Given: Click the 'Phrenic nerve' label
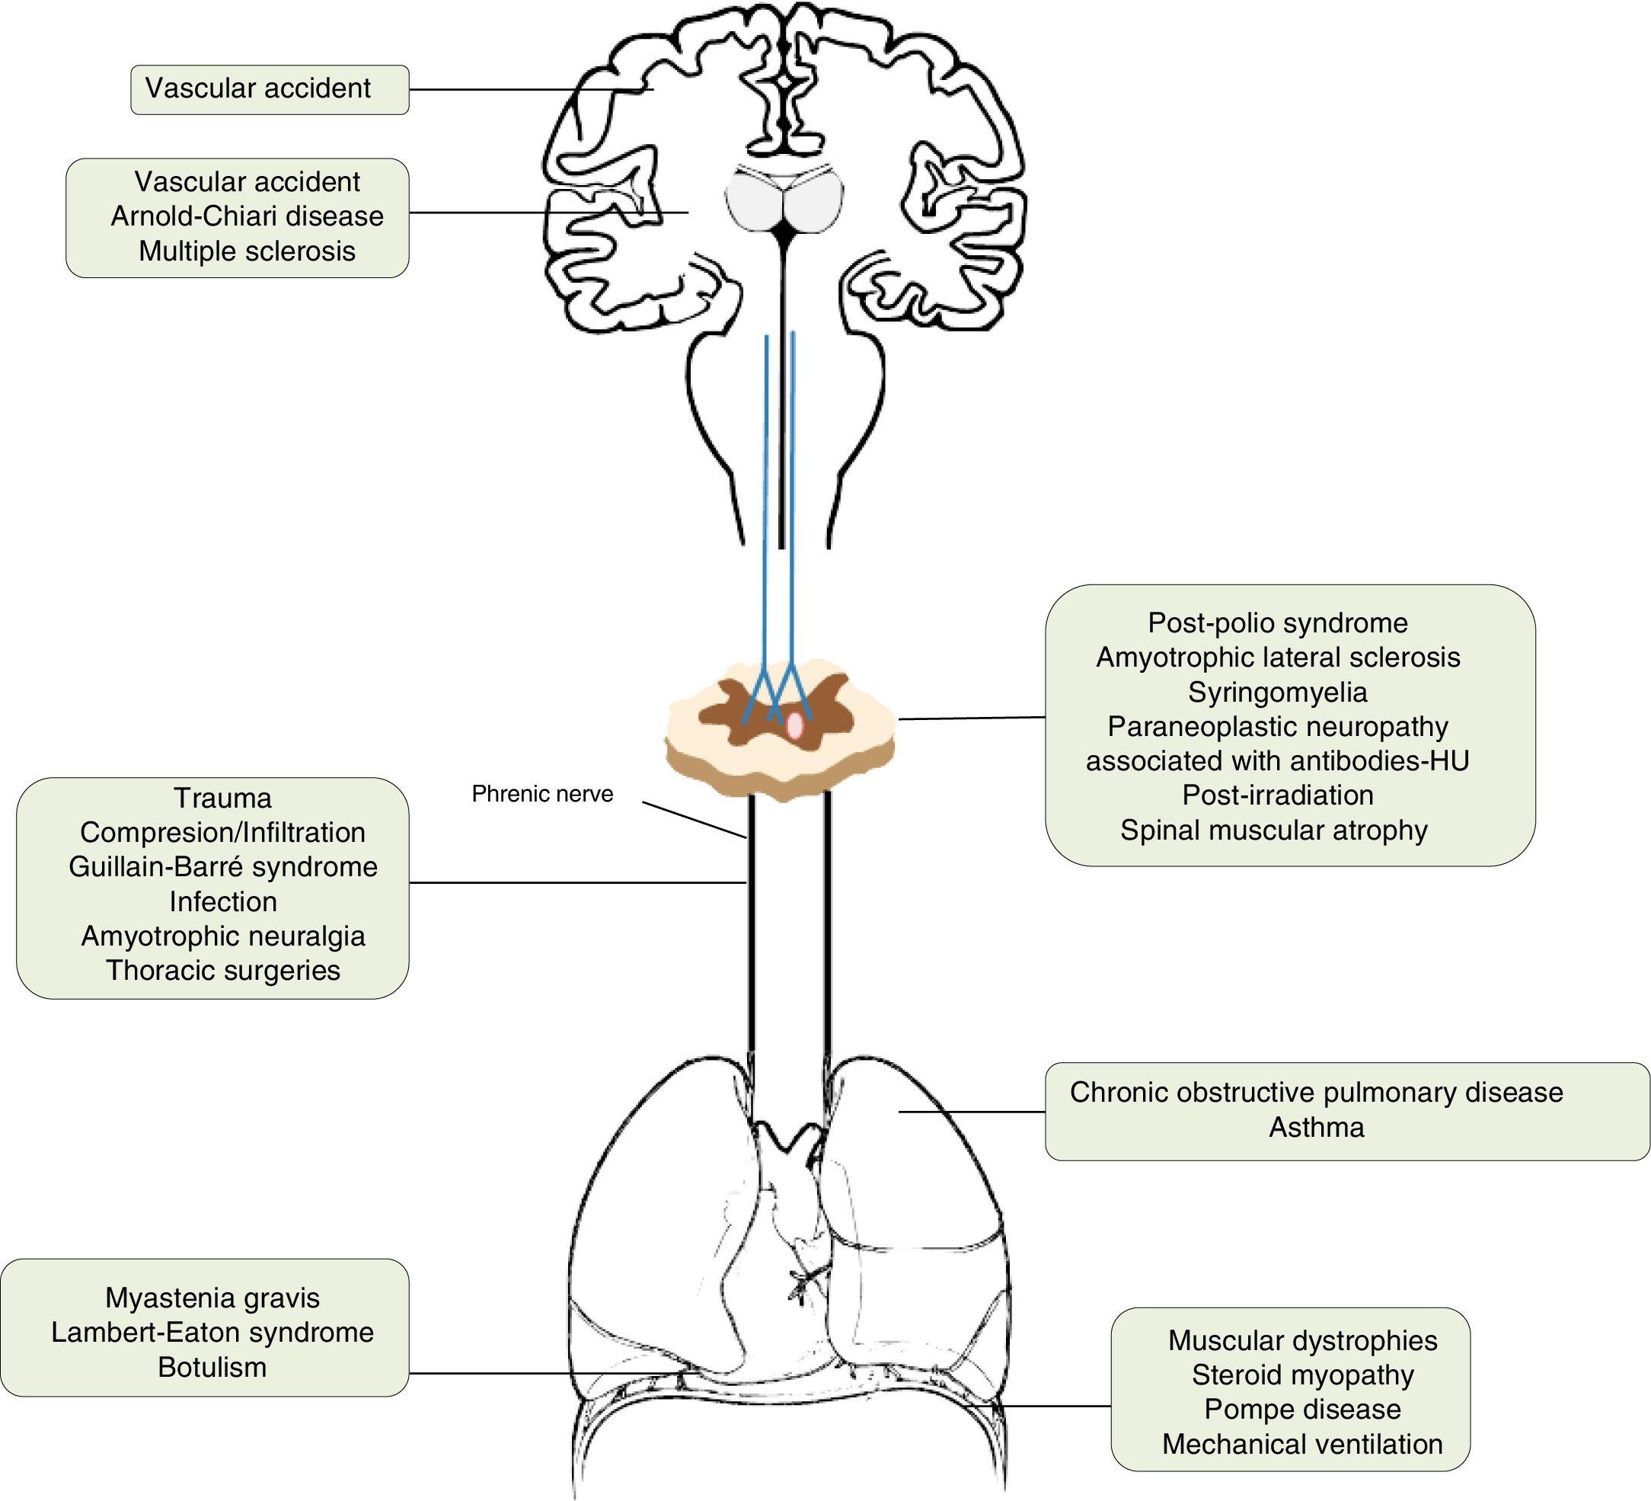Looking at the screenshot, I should coord(542,794).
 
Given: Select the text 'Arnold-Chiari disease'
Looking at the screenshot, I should coord(247,216).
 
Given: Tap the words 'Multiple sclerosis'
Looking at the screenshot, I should coord(247,251).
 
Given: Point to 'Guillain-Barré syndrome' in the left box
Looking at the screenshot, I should coord(223,867).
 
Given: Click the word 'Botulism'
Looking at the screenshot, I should coord(212,1368).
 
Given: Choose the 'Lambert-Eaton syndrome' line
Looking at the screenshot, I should coord(212,1333).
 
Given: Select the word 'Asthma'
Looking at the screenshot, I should coord(1317,1128).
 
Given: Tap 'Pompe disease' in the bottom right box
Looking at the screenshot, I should coord(1302,1410).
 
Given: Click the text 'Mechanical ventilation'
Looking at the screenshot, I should coord(1302,1444).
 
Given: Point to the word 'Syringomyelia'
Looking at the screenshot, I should coord(1278,693).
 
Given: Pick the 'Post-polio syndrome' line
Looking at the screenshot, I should coord(1278,622).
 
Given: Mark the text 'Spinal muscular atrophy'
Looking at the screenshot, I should coord(1274,830).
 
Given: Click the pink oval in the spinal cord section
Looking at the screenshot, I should coord(794,726).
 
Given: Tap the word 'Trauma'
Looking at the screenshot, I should coord(223,798).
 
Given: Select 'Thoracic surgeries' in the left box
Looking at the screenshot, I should coord(223,970).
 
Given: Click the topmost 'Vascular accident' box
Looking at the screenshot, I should coord(270,89).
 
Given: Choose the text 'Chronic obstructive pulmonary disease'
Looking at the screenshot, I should coord(1316,1092).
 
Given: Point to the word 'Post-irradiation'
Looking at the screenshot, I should coord(1278,795).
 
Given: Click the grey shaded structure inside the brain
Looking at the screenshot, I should coord(784,200).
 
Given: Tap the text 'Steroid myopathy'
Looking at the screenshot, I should coord(1302,1375).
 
